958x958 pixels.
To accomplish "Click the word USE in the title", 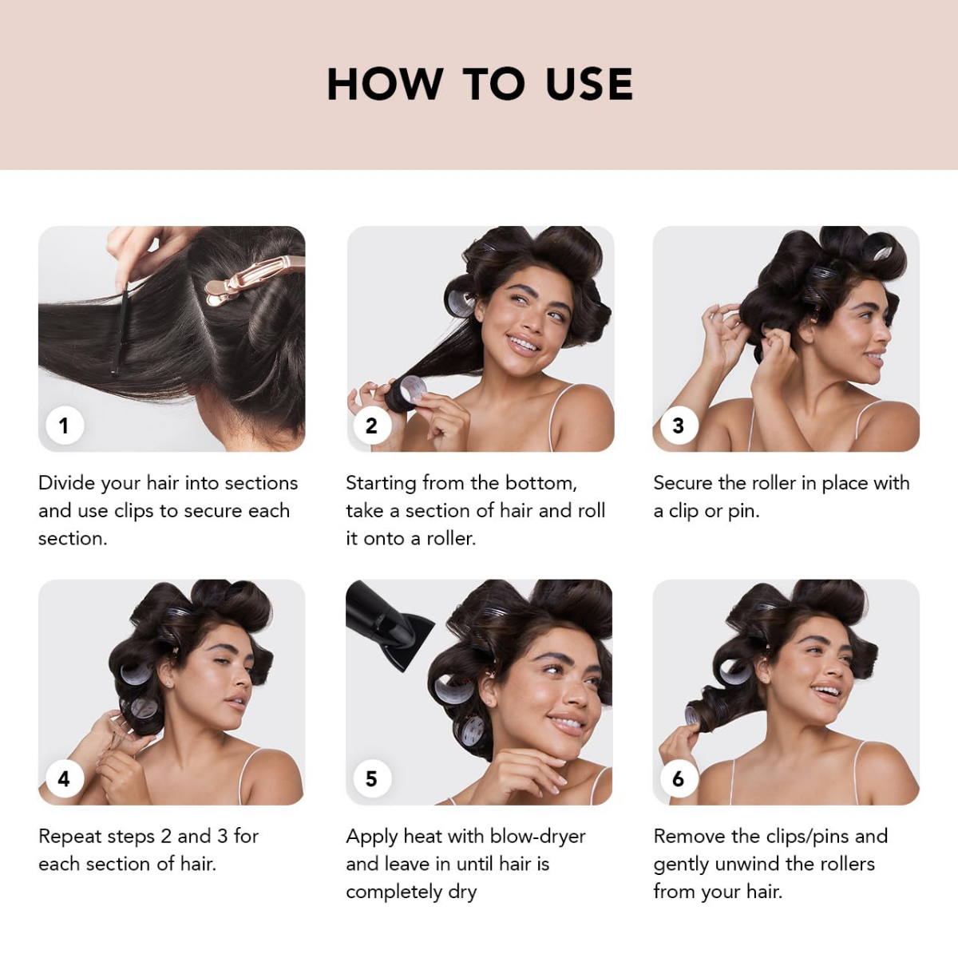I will tap(589, 84).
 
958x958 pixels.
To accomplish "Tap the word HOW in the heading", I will tap(385, 84).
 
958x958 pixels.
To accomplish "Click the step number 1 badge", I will tap(64, 426).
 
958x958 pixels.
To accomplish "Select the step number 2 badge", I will tap(371, 426).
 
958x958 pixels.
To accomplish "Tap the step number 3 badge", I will tap(678, 426).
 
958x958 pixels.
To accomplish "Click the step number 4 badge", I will tap(64, 778).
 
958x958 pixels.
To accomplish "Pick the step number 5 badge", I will tap(371, 778).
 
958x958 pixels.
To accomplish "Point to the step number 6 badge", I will tap(678, 778).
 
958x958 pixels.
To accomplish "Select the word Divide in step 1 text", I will tap(67, 483).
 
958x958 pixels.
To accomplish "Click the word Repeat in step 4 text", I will tap(69, 837).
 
